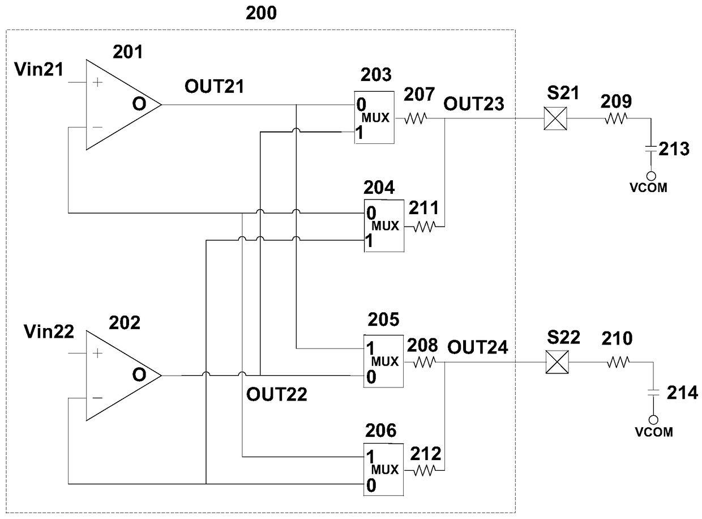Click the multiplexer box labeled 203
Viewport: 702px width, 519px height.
pos(374,117)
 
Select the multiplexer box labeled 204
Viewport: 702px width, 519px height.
pos(384,226)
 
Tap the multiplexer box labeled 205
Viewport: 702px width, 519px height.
pos(383,361)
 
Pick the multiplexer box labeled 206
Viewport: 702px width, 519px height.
pos(383,469)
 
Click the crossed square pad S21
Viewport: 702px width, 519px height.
pos(555,118)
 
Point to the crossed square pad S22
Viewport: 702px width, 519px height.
pos(557,362)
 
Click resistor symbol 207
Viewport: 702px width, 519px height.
pos(416,118)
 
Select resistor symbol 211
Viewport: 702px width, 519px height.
pos(425,227)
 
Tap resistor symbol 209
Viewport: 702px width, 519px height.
pos(616,118)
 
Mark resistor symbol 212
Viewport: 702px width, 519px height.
pos(425,470)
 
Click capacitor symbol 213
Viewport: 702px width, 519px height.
pos(650,148)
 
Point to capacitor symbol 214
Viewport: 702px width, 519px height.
pos(653,393)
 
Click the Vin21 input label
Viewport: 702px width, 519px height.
pos(39,69)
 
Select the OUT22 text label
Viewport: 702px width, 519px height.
pos(277,394)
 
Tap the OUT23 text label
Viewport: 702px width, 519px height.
pos(474,104)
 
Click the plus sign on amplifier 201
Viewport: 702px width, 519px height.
pos(97,82)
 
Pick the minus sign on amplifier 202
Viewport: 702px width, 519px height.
pos(97,398)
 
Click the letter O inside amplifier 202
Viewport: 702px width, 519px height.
pos(139,375)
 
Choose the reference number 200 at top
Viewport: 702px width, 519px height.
pos(261,13)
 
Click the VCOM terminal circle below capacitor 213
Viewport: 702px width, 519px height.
pos(650,176)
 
